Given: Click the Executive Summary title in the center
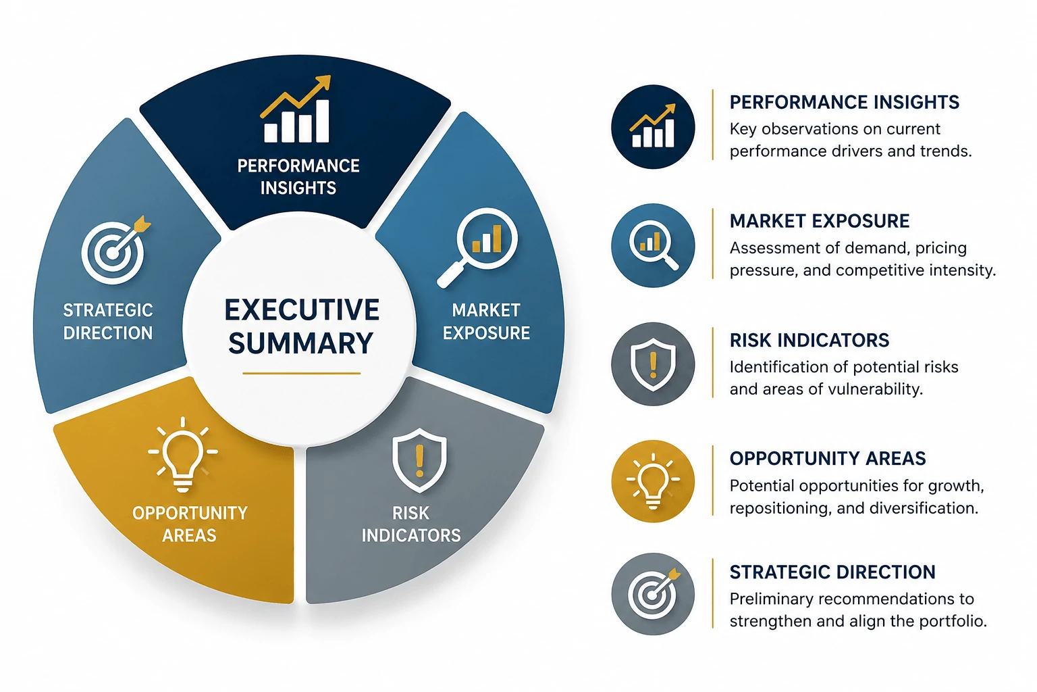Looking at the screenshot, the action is tap(301, 326).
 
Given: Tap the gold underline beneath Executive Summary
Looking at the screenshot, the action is tap(301, 373).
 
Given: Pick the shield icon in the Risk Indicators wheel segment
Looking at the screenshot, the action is tap(419, 460).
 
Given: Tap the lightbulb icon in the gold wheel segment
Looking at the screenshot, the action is tap(183, 454).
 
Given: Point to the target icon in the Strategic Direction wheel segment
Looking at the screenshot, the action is tap(115, 250).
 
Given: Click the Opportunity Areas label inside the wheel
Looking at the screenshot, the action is tap(190, 524).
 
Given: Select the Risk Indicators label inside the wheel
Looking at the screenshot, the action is tap(411, 524).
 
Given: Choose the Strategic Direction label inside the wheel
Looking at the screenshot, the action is tap(108, 322).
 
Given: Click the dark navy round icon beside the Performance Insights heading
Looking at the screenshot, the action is tap(653, 126).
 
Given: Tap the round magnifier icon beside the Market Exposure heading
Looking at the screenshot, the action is tap(653, 245).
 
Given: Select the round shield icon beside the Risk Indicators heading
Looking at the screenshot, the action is tap(653, 364).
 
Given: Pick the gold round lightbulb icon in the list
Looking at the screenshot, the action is tap(653, 482).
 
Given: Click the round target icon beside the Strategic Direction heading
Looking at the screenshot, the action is tap(653, 594).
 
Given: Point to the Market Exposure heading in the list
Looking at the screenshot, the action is tap(820, 221).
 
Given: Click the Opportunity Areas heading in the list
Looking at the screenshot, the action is tap(828, 458).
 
